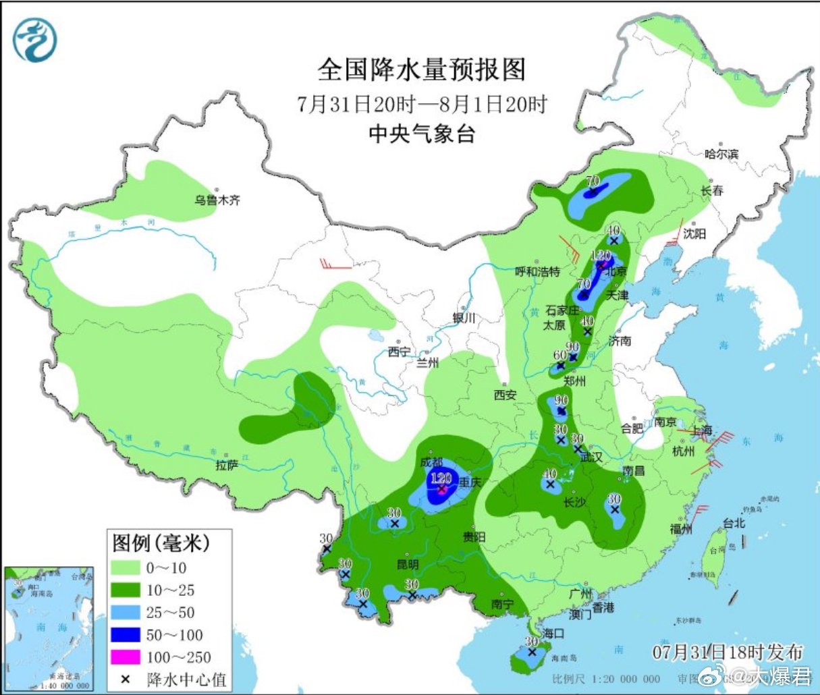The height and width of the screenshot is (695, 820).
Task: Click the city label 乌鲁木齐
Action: click(x=217, y=200)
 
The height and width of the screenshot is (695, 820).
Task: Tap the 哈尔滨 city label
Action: click(x=721, y=154)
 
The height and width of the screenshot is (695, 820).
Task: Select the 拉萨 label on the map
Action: click(x=227, y=465)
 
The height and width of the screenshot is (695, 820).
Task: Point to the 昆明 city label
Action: click(x=407, y=564)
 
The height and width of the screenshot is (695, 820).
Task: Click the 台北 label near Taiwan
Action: click(x=734, y=523)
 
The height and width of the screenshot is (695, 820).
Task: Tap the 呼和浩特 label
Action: click(x=537, y=272)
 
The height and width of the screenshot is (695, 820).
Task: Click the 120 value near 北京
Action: click(x=600, y=256)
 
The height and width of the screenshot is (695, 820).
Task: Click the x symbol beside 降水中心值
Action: click(x=125, y=679)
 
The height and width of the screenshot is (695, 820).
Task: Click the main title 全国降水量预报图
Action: click(x=421, y=69)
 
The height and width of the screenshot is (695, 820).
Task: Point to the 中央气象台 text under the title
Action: click(x=421, y=134)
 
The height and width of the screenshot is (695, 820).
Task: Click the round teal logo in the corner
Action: click(x=34, y=40)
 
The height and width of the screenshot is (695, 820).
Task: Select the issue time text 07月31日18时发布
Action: click(x=728, y=652)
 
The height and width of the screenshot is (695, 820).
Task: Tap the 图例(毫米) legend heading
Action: click(x=161, y=542)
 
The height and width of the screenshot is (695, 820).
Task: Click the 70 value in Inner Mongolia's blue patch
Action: click(x=593, y=180)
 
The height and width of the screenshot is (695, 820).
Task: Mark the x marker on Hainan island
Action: click(x=532, y=652)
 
